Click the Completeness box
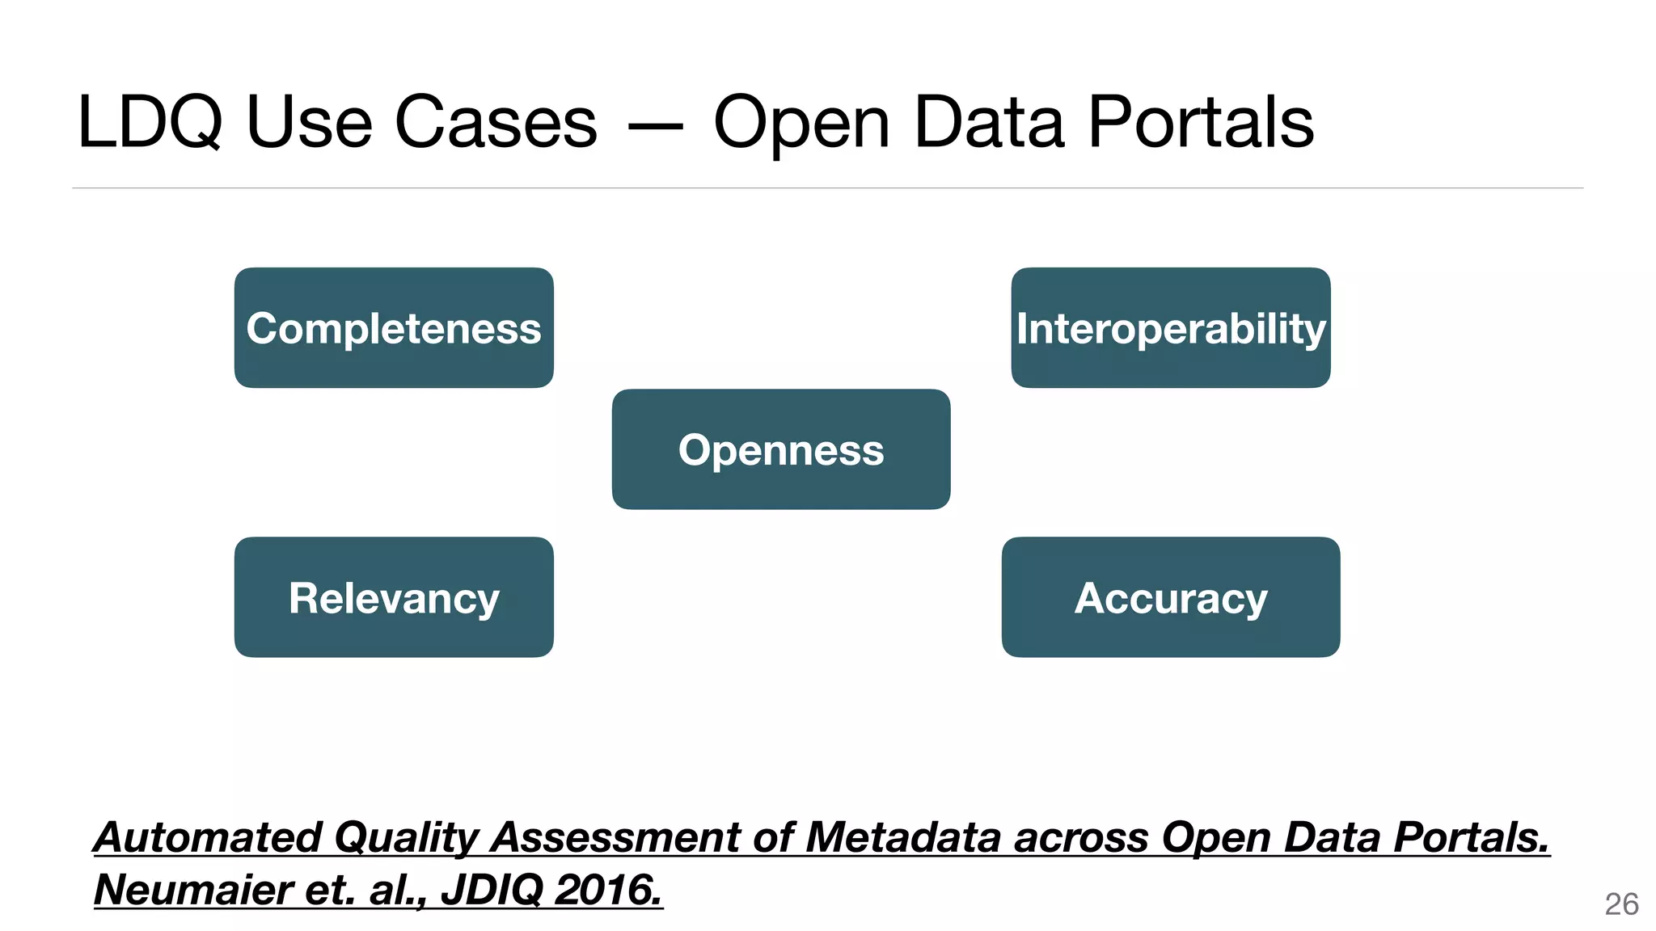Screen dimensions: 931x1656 (394, 328)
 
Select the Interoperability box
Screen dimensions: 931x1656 (1170, 328)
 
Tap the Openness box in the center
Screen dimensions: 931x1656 (780, 449)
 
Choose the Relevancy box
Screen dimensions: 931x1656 (394, 597)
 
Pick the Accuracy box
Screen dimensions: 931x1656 (1170, 597)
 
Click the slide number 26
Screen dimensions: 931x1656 (1621, 904)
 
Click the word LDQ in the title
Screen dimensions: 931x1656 (150, 123)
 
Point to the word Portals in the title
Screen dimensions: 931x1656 (1201, 123)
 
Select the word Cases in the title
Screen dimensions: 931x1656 (496, 123)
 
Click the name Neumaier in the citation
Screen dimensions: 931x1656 (192, 890)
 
